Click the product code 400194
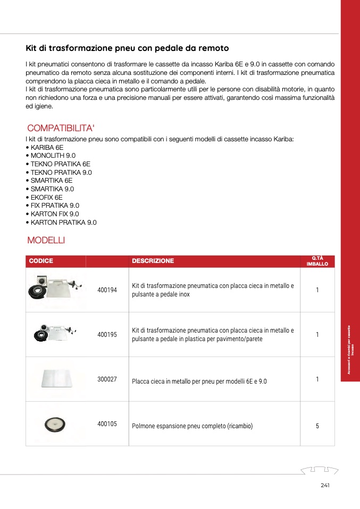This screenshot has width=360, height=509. [x=107, y=290]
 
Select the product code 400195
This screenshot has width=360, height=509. [x=107, y=335]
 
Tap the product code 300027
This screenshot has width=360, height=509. [x=107, y=380]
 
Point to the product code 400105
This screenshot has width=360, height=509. [x=107, y=425]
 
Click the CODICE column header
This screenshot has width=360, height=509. [x=41, y=261]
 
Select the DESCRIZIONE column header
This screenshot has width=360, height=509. [x=153, y=261]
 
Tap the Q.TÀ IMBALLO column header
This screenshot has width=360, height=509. [x=317, y=261]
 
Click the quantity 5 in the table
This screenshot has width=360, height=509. [x=317, y=426]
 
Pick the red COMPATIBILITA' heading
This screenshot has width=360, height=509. [x=61, y=128]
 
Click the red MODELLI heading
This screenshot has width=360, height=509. [x=46, y=240]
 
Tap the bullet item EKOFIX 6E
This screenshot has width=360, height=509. [x=47, y=197]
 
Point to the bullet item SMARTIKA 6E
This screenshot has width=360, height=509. [x=52, y=181]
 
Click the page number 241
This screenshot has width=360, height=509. [x=325, y=485]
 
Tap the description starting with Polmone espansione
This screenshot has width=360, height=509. [x=192, y=426]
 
